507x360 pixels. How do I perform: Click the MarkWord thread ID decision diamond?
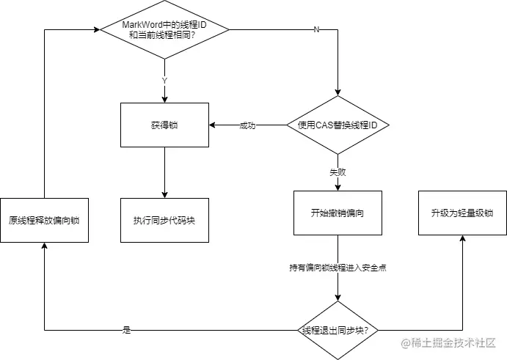(x=164, y=29)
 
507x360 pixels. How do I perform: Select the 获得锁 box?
(x=164, y=125)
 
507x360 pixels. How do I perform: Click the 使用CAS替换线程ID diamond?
(x=338, y=125)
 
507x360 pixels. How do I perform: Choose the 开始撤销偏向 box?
(x=338, y=213)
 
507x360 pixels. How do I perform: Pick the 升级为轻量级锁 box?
(x=462, y=213)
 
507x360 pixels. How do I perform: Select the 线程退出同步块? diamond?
(x=338, y=330)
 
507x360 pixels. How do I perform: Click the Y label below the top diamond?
(x=164, y=80)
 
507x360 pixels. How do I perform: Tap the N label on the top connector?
(x=317, y=29)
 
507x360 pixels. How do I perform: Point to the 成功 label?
(x=247, y=125)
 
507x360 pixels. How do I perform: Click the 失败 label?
(x=338, y=173)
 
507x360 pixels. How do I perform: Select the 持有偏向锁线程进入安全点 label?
(x=338, y=268)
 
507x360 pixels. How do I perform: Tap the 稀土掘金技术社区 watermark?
(x=448, y=343)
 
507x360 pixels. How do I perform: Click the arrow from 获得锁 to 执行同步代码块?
(x=164, y=172)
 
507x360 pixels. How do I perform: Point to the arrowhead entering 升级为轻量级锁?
(x=462, y=240)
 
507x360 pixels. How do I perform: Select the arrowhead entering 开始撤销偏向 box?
(x=338, y=187)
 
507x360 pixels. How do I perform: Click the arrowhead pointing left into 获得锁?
(x=213, y=125)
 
